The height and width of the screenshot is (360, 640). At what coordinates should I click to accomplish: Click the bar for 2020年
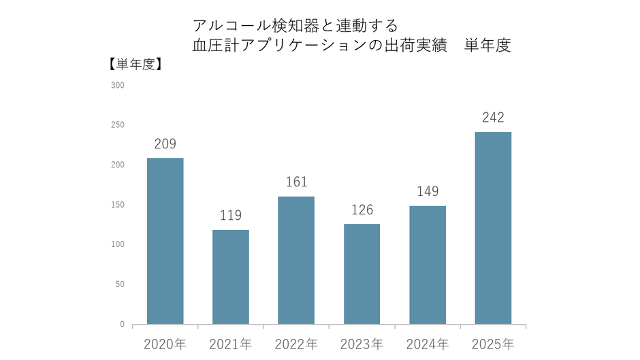(165, 241)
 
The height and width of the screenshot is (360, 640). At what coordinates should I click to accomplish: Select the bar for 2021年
(231, 277)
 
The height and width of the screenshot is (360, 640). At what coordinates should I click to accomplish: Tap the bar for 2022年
(296, 260)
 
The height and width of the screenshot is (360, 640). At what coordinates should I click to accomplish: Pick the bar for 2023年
(362, 274)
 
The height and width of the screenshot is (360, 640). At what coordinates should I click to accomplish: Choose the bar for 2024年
(428, 265)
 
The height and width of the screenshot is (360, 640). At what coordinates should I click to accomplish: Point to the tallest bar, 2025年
(493, 228)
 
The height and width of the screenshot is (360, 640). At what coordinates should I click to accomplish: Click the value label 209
(165, 144)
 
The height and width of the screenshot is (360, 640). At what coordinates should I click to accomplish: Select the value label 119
(231, 216)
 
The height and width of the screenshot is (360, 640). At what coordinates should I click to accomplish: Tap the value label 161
(296, 182)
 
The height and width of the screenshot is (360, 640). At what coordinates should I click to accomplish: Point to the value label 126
(362, 210)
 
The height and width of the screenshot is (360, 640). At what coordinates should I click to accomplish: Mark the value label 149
(428, 191)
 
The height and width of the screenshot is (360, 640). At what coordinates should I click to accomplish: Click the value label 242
(493, 117)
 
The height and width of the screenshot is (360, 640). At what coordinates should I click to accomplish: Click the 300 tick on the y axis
(118, 86)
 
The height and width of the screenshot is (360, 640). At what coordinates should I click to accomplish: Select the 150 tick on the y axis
(118, 205)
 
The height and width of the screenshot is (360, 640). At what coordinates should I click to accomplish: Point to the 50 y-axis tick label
(120, 284)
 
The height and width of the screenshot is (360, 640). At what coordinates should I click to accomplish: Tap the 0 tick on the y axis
(122, 325)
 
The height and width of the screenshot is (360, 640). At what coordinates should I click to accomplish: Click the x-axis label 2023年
(362, 344)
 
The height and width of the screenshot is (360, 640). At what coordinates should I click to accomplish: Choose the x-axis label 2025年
(493, 344)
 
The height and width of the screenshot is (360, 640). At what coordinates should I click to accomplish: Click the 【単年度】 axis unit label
(134, 65)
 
